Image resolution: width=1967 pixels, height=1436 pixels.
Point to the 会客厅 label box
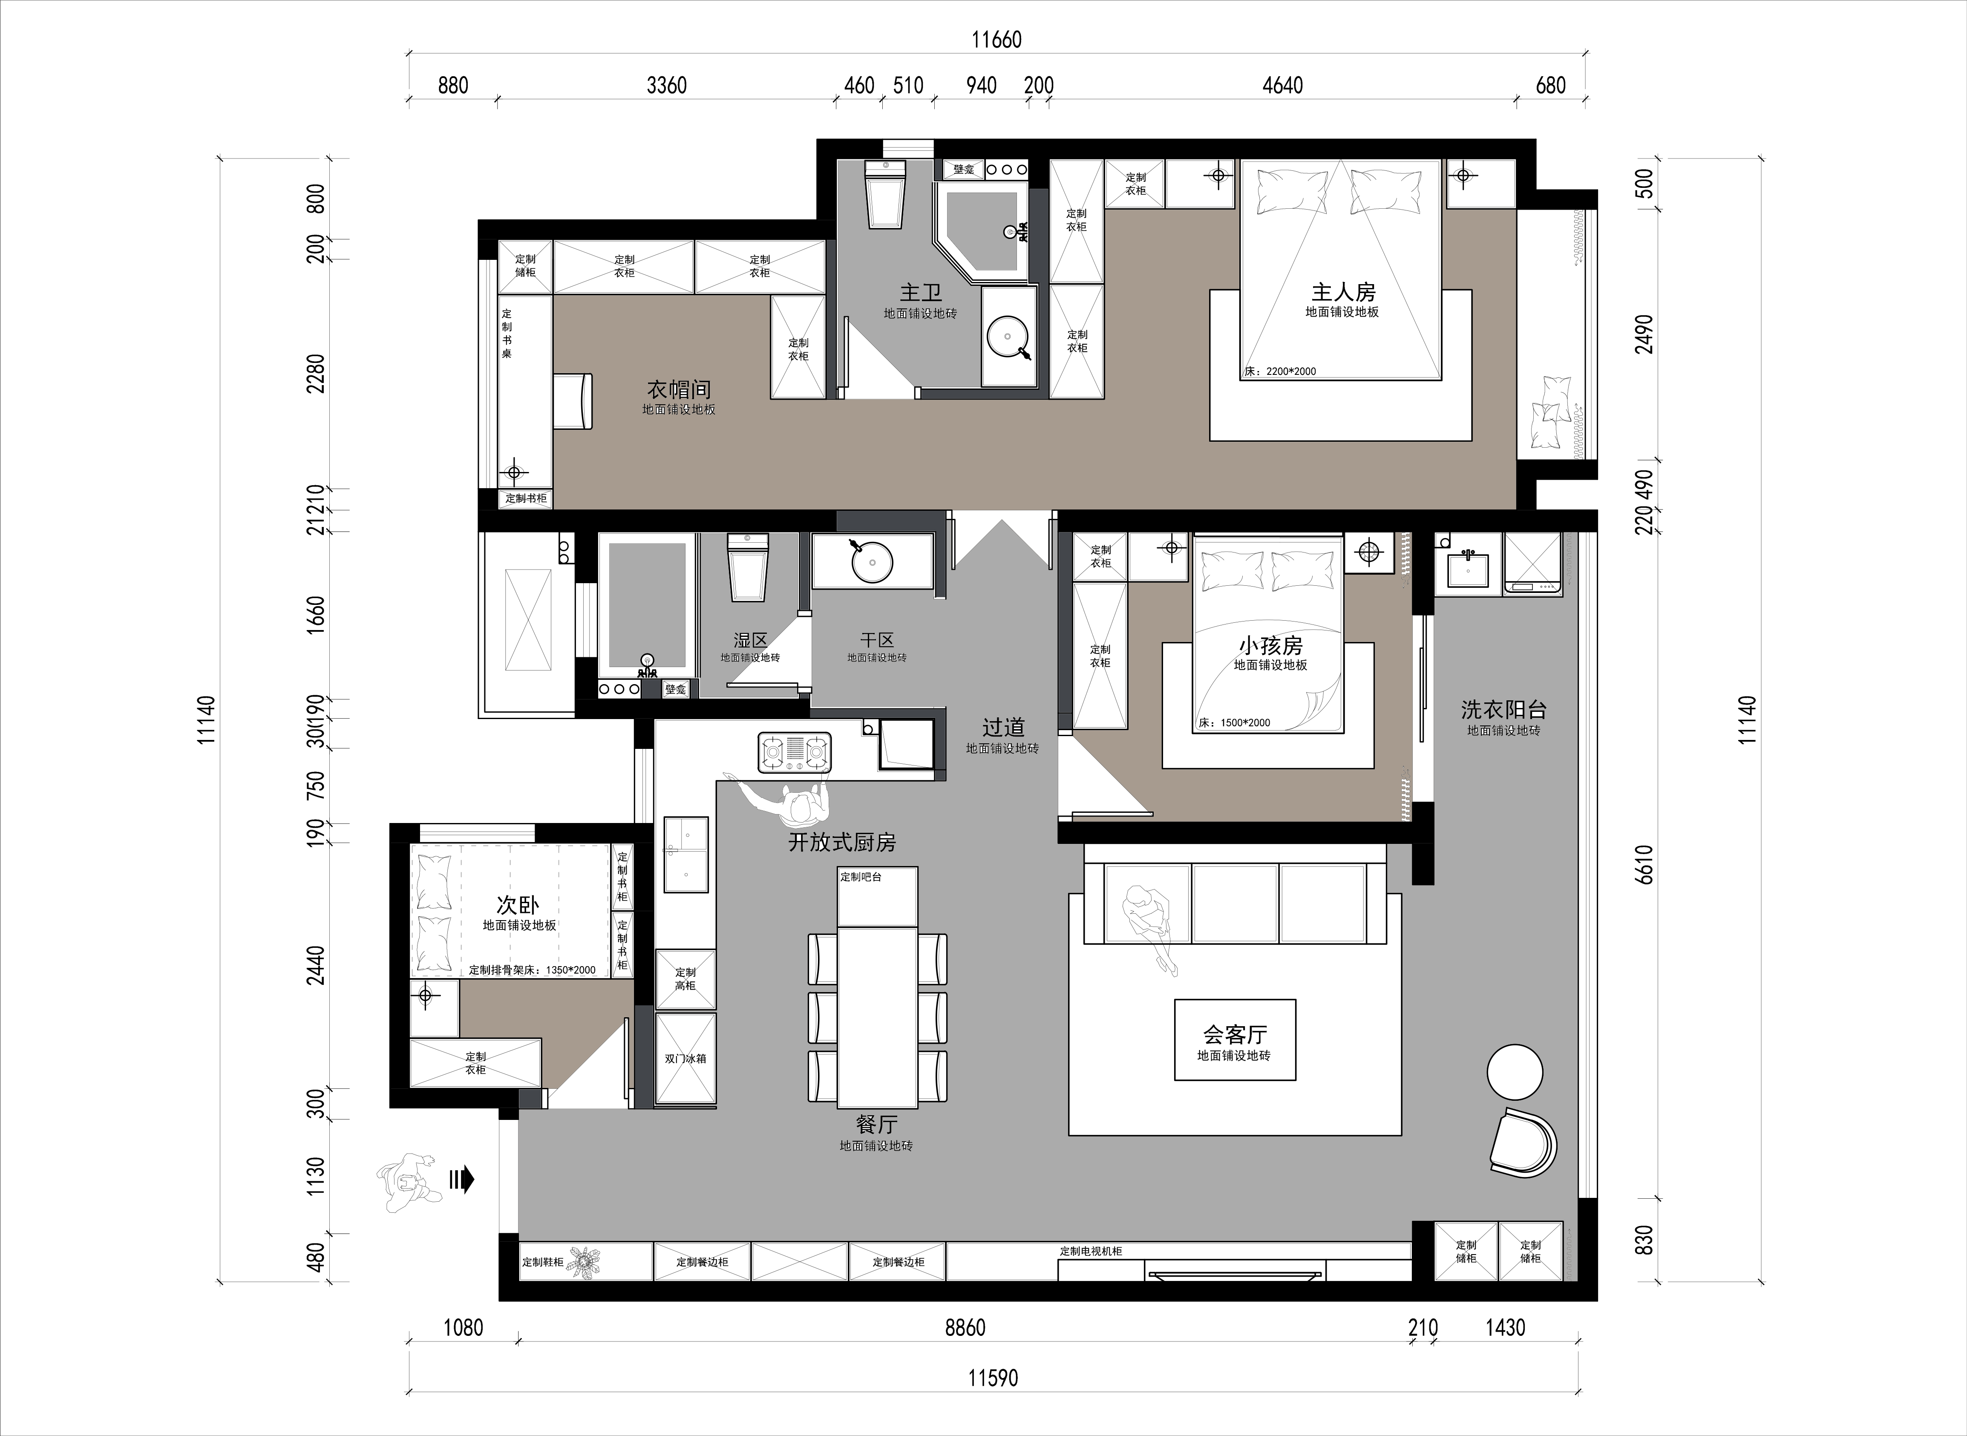[x=1235, y=1040]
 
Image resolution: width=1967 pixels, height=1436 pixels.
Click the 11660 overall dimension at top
[x=996, y=40]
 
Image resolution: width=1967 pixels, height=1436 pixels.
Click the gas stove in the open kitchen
[x=795, y=753]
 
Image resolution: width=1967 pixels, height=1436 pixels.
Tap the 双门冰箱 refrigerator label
[x=686, y=1059]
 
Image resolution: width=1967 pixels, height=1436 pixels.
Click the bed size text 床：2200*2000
[x=1280, y=371]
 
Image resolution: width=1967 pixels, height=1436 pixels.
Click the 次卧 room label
[x=518, y=905]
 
